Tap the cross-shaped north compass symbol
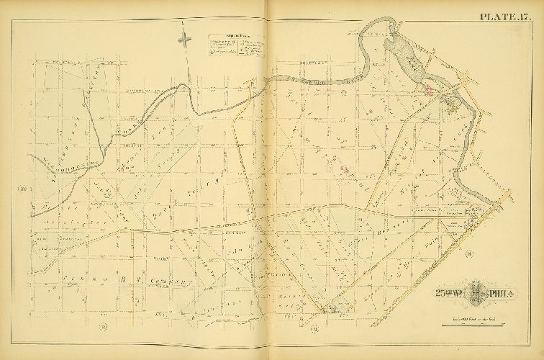186,40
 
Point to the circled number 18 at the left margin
22,189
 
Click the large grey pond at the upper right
402,54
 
